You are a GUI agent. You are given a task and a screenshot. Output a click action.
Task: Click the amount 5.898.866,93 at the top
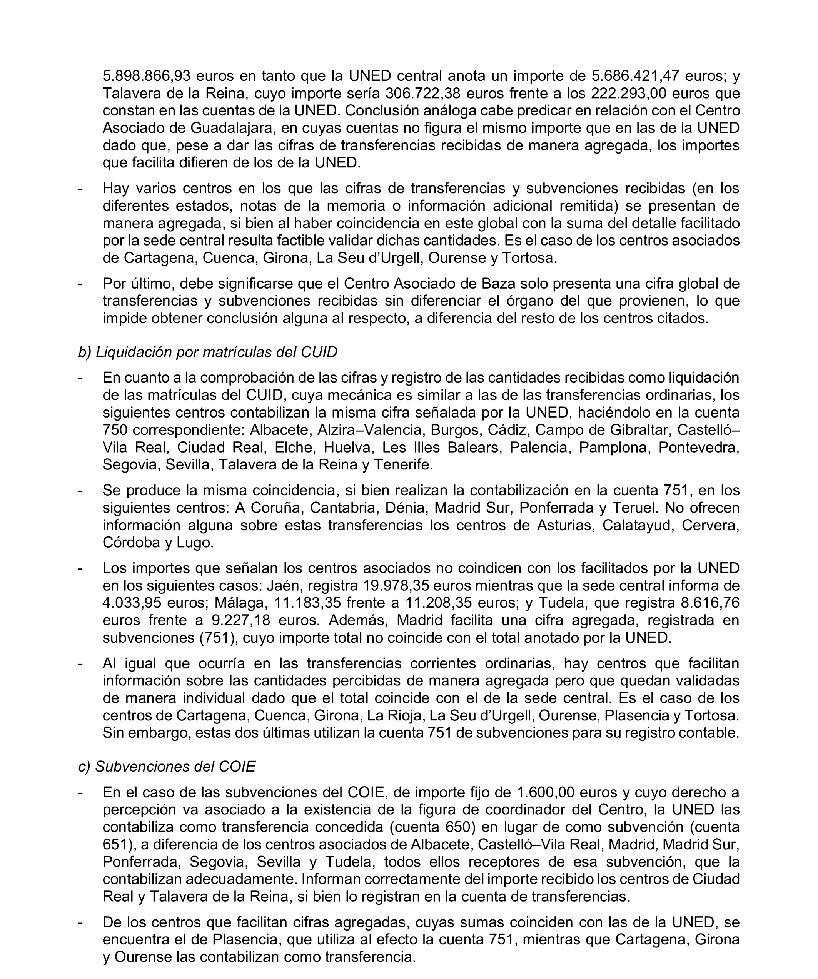144,75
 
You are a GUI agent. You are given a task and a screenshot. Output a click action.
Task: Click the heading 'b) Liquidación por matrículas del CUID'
207,352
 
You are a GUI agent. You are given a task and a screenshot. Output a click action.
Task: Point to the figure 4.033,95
131,603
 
